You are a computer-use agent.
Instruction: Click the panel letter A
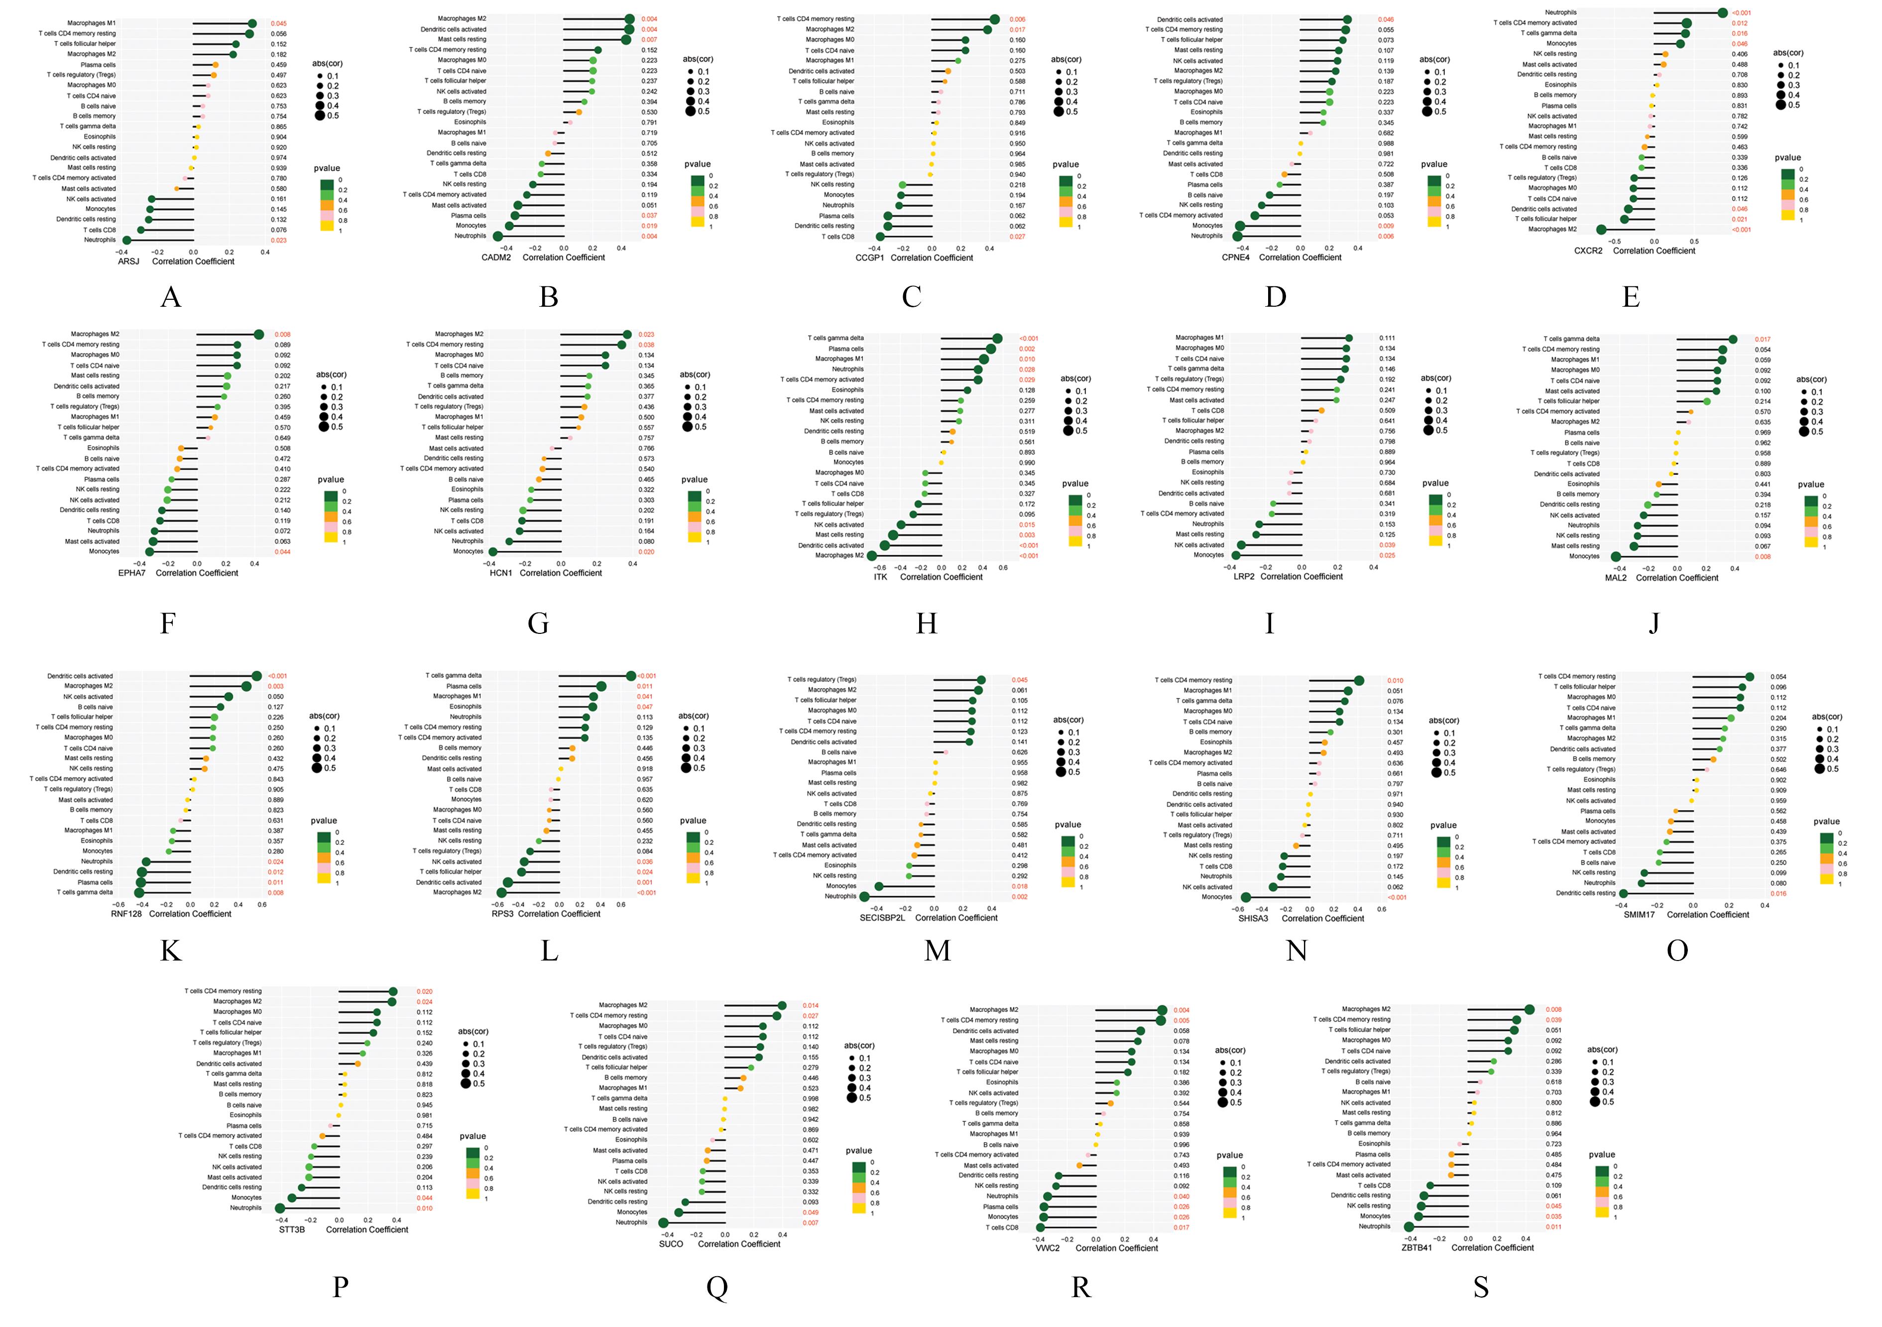170,297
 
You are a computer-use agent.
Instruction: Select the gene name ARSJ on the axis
128,261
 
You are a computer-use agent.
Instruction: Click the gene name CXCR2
1588,251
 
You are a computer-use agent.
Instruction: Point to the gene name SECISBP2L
882,918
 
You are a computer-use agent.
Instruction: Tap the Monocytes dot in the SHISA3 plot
1246,897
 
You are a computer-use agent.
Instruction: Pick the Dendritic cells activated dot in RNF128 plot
256,676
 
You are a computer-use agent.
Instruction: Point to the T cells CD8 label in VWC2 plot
1002,1227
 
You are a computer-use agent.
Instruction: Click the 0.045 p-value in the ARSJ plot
279,24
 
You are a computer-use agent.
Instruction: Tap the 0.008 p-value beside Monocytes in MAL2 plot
1763,557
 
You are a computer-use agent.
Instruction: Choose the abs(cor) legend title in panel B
698,59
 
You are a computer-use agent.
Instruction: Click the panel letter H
926,624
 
